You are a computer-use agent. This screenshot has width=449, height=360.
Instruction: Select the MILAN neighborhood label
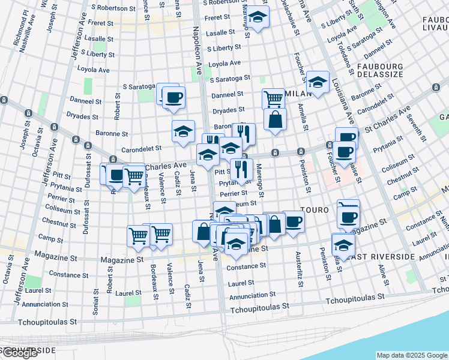coord(298,94)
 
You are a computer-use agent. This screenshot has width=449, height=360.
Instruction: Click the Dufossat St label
coord(88,177)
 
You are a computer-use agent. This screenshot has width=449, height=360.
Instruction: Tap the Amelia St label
coord(305,118)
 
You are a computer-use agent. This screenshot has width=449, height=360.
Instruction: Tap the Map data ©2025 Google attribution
coord(411,355)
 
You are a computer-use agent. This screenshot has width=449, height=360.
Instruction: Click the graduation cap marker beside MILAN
coord(318,82)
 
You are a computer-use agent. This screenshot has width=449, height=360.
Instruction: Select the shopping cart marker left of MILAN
coord(273,97)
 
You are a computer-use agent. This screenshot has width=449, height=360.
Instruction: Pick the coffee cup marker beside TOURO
coord(294,220)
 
